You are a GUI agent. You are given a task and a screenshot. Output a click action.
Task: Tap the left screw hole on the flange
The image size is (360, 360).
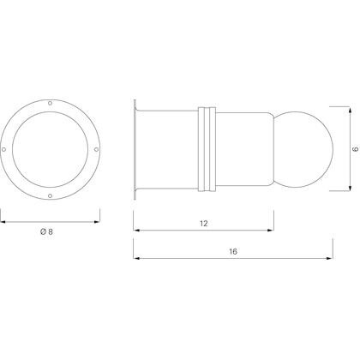pos(17,138)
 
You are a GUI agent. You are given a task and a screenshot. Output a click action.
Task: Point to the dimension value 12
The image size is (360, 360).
pos(202,223)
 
